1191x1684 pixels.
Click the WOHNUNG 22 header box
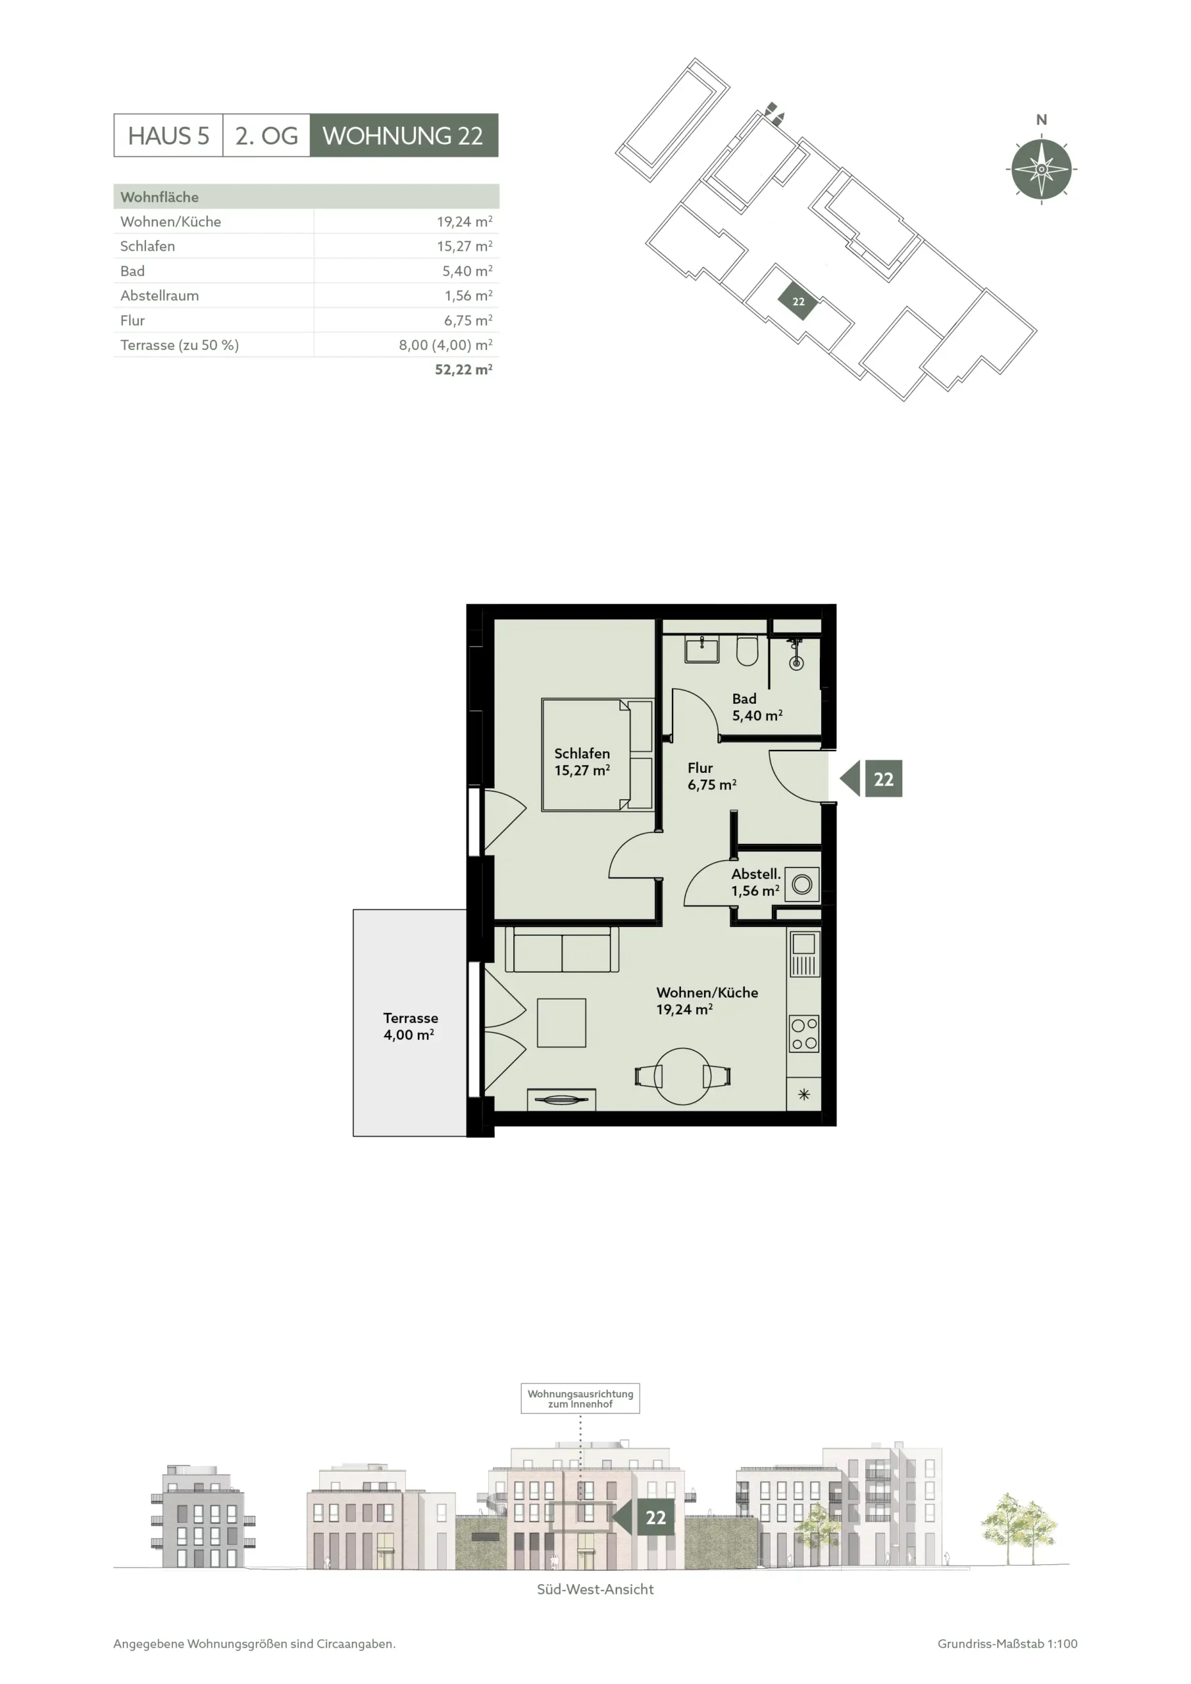click(x=403, y=135)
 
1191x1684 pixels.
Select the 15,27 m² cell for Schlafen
click(x=464, y=246)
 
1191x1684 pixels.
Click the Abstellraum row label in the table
click(x=159, y=295)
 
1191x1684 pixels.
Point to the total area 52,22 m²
click(x=463, y=370)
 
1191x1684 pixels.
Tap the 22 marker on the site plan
click(x=798, y=301)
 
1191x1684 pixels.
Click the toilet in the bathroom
click(x=747, y=650)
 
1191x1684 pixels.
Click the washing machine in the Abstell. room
click(x=802, y=885)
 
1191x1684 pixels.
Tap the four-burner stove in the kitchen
click(x=804, y=1033)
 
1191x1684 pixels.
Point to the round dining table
click(x=682, y=1076)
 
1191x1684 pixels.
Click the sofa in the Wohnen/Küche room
click(x=562, y=950)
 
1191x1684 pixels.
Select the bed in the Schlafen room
click(x=597, y=755)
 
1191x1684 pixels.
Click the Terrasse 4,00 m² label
click(x=410, y=1026)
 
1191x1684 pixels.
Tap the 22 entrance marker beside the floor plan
click(x=871, y=778)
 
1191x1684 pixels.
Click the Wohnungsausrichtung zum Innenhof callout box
click(x=580, y=1398)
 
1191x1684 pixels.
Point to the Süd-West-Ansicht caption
click(x=595, y=1589)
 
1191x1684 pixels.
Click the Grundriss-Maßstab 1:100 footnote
click(x=1007, y=1644)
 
